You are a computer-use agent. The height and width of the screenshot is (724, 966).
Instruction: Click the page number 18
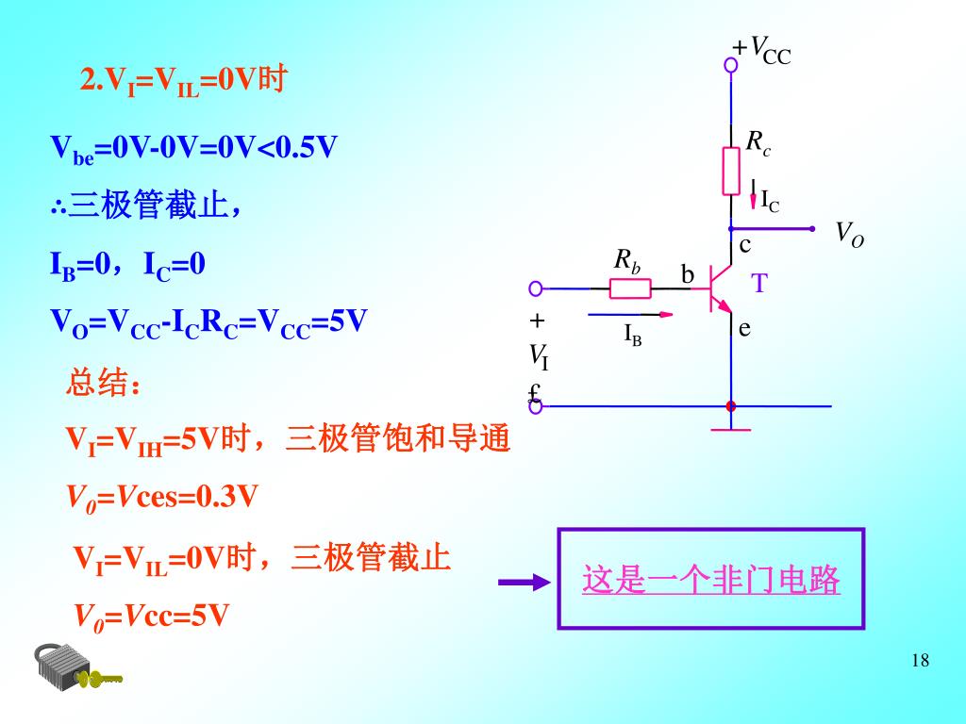[x=921, y=660]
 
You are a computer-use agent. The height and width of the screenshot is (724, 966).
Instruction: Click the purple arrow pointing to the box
[x=524, y=583]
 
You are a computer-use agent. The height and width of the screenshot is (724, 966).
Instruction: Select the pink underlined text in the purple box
[x=710, y=580]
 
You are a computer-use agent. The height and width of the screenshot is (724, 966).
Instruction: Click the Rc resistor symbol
[x=731, y=171]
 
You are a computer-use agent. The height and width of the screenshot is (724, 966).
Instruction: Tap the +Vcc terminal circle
[x=731, y=65]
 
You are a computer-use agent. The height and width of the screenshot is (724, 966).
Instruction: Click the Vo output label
[x=849, y=234]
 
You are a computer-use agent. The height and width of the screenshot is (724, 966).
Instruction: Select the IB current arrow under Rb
[x=630, y=314]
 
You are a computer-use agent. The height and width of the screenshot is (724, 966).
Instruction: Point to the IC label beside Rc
[x=769, y=201]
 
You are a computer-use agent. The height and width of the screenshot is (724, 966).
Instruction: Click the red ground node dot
[x=731, y=406]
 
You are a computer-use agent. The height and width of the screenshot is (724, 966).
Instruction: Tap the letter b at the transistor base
[x=688, y=275]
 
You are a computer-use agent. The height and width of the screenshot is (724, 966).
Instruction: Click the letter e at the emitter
[x=744, y=328]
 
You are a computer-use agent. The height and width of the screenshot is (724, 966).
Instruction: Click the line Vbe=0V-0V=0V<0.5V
[x=193, y=148]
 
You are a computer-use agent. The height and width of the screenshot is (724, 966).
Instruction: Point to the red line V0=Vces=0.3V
[x=160, y=497]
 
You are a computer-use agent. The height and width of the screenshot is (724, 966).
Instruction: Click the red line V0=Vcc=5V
[x=151, y=617]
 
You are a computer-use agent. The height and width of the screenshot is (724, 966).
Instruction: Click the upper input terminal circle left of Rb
[x=536, y=288]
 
